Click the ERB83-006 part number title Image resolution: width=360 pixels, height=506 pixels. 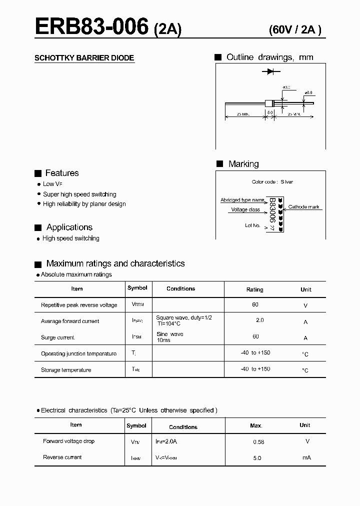click(91, 26)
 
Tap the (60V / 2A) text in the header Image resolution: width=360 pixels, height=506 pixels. click(295, 29)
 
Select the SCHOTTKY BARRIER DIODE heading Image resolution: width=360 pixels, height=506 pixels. click(84, 58)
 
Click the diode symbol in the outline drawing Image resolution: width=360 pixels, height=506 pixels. click(270, 72)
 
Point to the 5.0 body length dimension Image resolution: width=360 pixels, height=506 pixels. click(269, 112)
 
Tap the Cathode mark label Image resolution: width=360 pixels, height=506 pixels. click(303, 207)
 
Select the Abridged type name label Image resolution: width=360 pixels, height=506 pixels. click(242, 200)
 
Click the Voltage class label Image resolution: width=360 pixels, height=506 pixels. click(245, 210)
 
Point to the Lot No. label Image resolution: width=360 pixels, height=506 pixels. click(252, 225)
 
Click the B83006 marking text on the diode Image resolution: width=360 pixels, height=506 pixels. click(272, 210)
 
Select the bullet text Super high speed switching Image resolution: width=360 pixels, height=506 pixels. click(79, 194)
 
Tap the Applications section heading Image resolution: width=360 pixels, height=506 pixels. click(69, 227)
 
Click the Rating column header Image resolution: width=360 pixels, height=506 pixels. click(254, 289)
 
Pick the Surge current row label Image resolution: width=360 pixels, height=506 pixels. click(57, 337)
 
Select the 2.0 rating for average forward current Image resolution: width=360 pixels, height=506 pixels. click(259, 320)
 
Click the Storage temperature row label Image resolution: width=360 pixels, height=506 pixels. click(66, 370)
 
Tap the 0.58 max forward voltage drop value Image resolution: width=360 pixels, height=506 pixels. click(258, 442)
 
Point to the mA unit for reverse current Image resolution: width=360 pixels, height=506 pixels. click(306, 457)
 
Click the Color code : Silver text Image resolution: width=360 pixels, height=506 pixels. click(272, 182)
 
